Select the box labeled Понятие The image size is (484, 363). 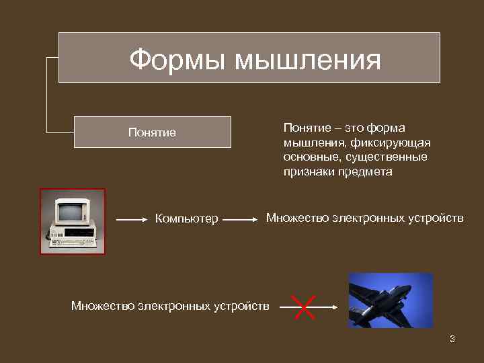click(x=153, y=132)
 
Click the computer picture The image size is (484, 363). click(x=73, y=221)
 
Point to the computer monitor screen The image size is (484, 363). click(x=69, y=212)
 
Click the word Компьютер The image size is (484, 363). click(x=187, y=218)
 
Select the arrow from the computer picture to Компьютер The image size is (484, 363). click(x=131, y=219)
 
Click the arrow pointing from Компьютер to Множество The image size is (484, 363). click(x=241, y=219)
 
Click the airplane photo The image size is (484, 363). click(x=391, y=300)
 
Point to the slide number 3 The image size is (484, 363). click(x=452, y=339)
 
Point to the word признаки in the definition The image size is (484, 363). click(x=308, y=172)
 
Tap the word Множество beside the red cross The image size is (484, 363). click(x=103, y=307)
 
